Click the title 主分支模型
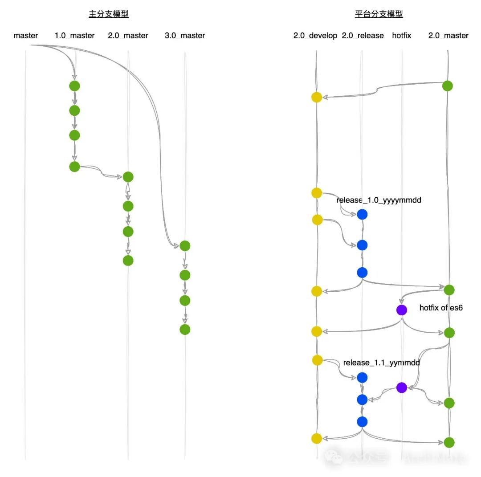tap(109, 14)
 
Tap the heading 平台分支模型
tap(379, 14)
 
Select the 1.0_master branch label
tap(74, 36)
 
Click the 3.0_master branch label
tap(184, 36)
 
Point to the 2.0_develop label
tap(315, 36)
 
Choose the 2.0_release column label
tap(363, 36)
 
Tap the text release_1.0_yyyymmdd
tap(379, 200)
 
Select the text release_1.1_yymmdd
tap(381, 363)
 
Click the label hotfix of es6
tap(441, 308)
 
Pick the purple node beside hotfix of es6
tap(401, 310)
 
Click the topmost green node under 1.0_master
tap(74, 86)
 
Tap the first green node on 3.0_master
tap(185, 246)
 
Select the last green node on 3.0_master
tap(185, 330)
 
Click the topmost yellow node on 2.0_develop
tap(316, 97)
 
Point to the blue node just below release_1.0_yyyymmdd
tap(362, 215)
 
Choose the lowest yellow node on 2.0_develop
tap(316, 438)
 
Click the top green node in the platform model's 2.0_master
tap(448, 86)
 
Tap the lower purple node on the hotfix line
tap(401, 387)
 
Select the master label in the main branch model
tap(26, 36)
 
